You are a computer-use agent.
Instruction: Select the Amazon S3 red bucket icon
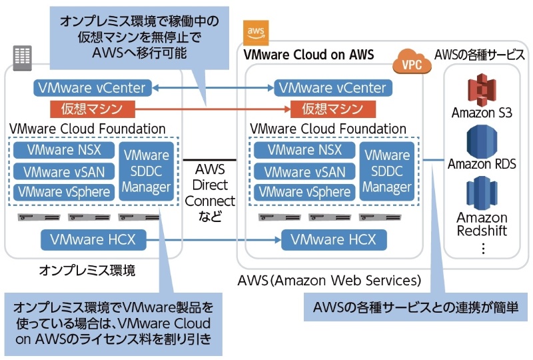pyautogui.click(x=482, y=89)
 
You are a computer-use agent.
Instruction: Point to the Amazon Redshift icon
pyautogui.click(x=482, y=193)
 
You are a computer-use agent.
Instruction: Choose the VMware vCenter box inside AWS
pyautogui.click(x=332, y=87)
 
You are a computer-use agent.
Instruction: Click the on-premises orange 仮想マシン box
pyautogui.click(x=93, y=107)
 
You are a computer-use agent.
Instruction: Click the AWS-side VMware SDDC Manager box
pyautogui.click(x=387, y=171)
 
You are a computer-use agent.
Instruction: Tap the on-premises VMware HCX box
pyautogui.click(x=93, y=239)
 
